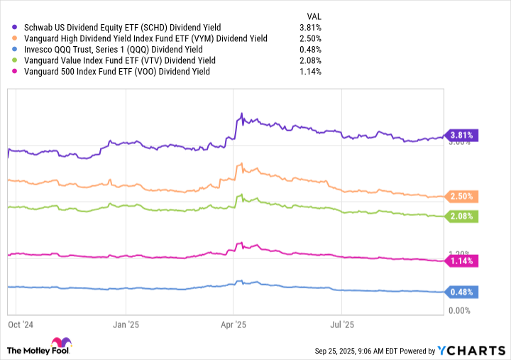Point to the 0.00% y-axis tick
click(x=461, y=311)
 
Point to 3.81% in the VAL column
click(x=310, y=28)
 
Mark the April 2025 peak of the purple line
click(x=241, y=114)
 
